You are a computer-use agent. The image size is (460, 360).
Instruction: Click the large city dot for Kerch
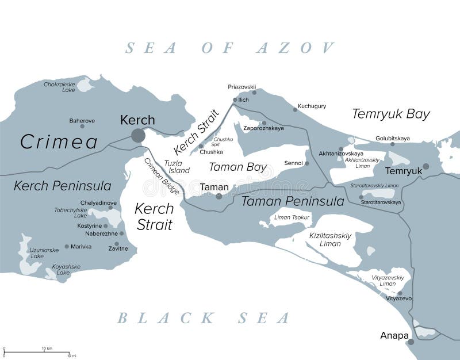pos(138,135)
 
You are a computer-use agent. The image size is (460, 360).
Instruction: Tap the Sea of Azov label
pos(230,47)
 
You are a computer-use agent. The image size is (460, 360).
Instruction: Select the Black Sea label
pos(204,317)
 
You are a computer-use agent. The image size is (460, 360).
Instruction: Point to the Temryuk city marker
pos(426,166)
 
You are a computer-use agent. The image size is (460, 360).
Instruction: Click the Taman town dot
pos(218,196)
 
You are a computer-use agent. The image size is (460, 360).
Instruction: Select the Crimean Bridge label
pos(162,175)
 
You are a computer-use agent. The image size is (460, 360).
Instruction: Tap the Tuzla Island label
pos(177,167)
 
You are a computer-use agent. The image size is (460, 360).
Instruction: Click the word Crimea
pos(59,141)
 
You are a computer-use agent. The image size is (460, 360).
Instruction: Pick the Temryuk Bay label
pos(391,114)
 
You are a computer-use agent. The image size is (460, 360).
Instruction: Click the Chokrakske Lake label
pos(59,87)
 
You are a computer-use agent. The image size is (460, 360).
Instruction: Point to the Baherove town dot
pos(82,126)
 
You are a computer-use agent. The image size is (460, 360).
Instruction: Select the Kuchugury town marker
pos(294,109)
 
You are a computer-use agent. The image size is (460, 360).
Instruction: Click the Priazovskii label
pos(241,87)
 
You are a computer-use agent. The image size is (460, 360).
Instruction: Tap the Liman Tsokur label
pos(292,217)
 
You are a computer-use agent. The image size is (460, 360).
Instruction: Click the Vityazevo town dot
pos(400,293)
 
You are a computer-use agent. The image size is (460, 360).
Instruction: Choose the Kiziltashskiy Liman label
pos(329,239)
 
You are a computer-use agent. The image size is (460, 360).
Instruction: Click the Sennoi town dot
pos(306,163)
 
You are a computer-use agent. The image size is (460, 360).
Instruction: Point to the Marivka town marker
pos(67,247)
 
